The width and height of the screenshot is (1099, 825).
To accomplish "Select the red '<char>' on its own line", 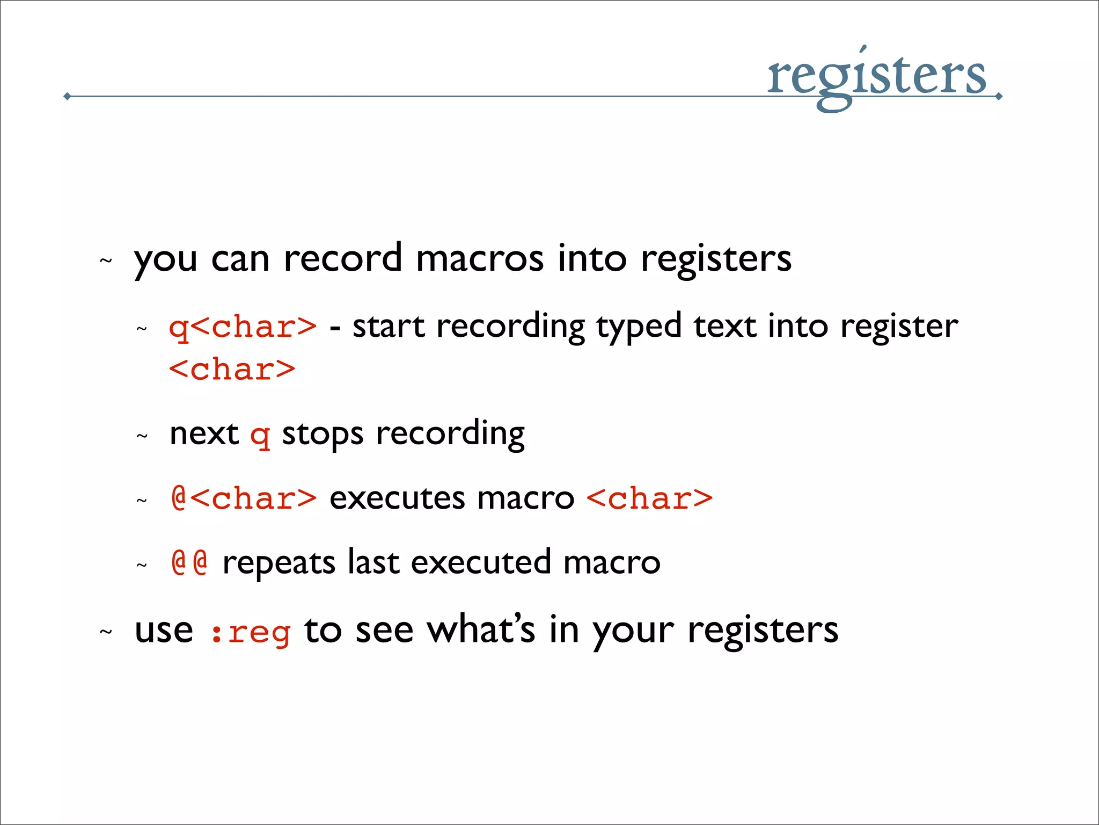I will (x=232, y=370).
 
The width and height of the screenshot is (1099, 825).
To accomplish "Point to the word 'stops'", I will (x=323, y=434).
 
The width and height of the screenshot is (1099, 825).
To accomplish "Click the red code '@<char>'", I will (x=244, y=498).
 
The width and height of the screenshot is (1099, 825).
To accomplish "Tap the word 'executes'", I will (x=398, y=498).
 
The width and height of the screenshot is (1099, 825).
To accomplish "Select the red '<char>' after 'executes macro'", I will (x=649, y=498).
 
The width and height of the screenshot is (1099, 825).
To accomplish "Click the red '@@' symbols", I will (x=189, y=562).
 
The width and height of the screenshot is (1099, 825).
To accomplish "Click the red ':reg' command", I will (x=250, y=632).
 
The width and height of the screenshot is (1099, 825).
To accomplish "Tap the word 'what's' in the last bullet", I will (x=481, y=629).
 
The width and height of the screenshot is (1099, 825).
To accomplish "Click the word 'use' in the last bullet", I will (x=164, y=631).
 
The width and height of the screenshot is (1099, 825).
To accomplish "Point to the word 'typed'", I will (x=639, y=327).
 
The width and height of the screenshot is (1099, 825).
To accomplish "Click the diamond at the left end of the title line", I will (x=67, y=97).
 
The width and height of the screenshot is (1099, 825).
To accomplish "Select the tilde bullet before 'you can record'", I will (x=106, y=261).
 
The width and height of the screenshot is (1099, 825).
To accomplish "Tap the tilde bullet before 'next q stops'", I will (x=142, y=436).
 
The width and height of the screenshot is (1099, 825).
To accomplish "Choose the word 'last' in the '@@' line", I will (x=373, y=562).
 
